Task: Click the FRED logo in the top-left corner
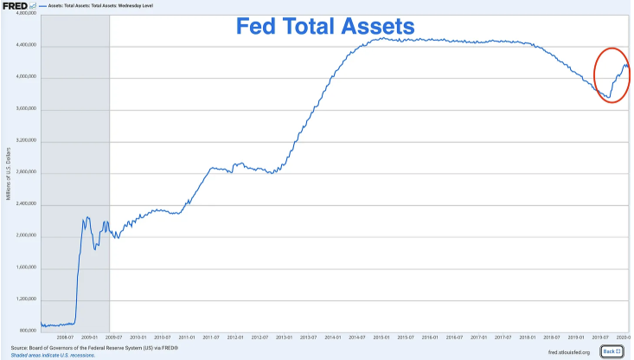15,6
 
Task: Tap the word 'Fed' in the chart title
265,27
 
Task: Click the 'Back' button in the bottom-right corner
612,351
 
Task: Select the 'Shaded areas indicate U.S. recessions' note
52,354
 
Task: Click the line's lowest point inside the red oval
607,96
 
